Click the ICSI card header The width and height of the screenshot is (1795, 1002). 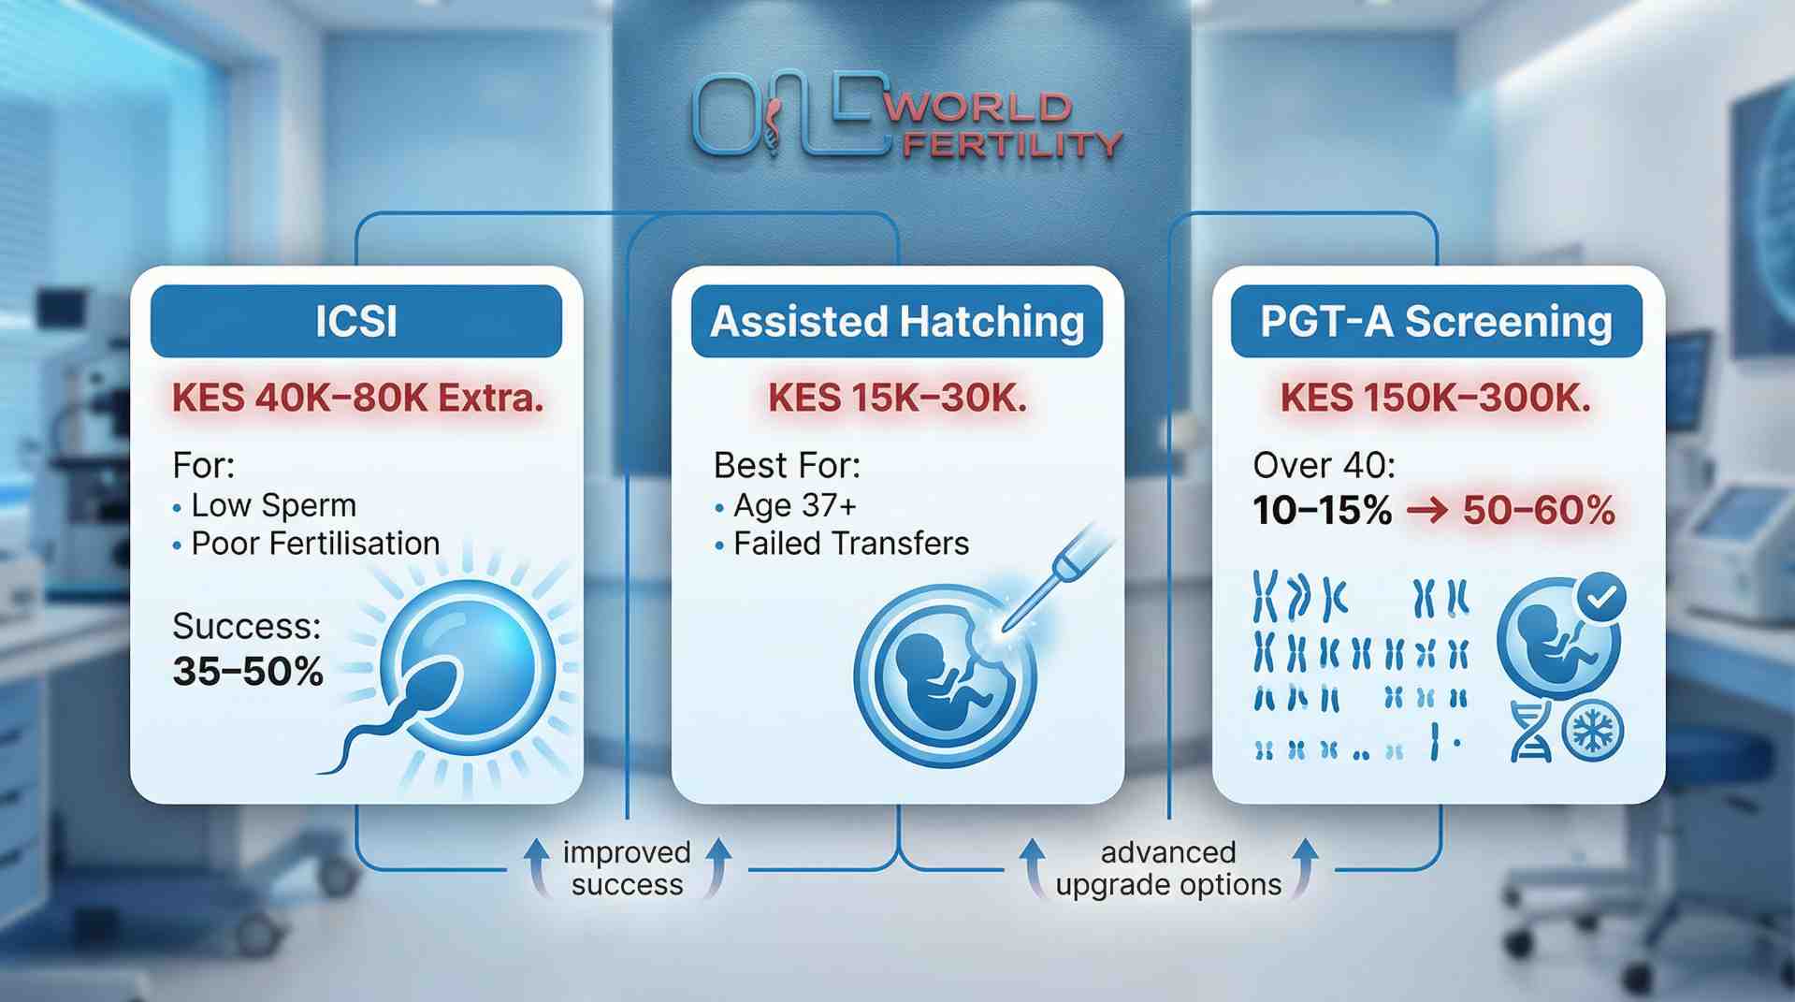tap(355, 321)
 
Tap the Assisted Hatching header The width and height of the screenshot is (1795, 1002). tap(896, 321)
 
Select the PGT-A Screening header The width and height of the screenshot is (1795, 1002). tap(1436, 321)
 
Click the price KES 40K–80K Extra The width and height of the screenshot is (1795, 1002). tap(357, 399)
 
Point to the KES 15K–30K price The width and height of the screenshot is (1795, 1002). tap(897, 399)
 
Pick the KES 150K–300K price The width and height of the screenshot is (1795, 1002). tap(1435, 399)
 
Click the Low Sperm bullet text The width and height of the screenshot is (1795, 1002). tap(273, 505)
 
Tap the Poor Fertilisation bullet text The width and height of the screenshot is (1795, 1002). tap(315, 544)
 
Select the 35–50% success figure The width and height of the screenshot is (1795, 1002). tap(248, 671)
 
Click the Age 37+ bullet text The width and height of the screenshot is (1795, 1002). tap(794, 505)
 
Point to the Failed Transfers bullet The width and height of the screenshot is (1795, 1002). tap(850, 544)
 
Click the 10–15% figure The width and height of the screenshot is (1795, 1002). tap(1322, 511)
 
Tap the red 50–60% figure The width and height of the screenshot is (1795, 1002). tap(1539, 511)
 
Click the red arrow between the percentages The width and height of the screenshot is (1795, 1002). tap(1426, 511)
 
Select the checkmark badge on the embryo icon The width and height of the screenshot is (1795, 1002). tap(1601, 597)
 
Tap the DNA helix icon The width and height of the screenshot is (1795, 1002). tap(1531, 732)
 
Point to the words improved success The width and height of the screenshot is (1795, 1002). tap(627, 868)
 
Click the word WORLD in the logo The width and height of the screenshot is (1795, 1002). tap(977, 108)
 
